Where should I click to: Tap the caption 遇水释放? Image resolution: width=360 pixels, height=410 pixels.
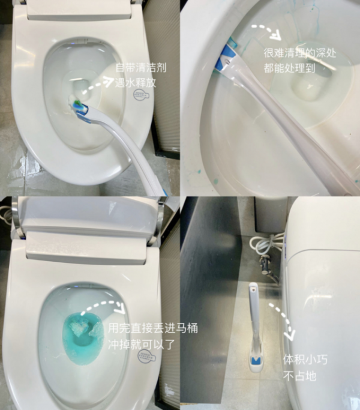(x=135, y=83)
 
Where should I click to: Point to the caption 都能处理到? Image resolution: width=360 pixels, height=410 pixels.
(x=289, y=68)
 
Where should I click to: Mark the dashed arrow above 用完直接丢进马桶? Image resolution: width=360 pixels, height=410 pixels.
(x=102, y=309)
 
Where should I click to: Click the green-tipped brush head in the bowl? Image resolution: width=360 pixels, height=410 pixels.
(x=78, y=107)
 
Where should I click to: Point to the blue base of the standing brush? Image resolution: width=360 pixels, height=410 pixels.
(x=256, y=361)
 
